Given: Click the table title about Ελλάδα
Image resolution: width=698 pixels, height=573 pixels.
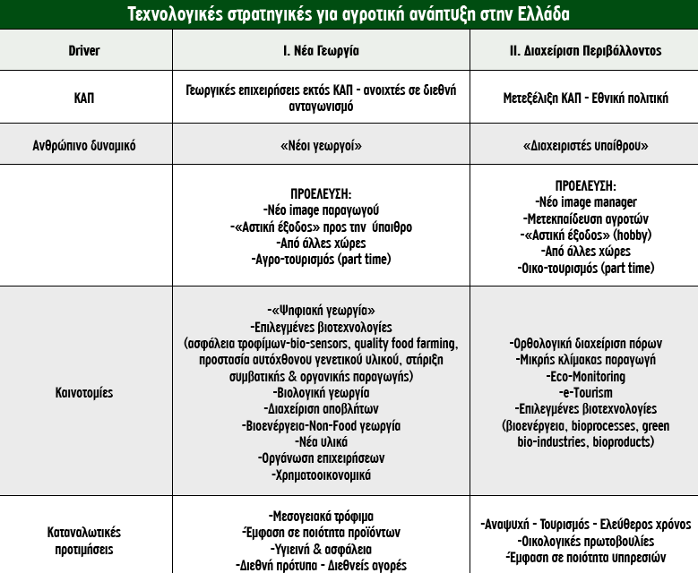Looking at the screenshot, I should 349,14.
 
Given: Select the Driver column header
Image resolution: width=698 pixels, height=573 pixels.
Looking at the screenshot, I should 84,51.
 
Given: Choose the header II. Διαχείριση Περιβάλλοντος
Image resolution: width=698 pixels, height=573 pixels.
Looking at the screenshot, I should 585,51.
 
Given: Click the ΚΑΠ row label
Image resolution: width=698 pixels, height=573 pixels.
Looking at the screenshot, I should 84,98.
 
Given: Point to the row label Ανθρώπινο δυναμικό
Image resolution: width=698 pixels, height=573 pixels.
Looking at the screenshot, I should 84,144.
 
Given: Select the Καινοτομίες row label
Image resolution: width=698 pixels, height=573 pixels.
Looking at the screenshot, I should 84,392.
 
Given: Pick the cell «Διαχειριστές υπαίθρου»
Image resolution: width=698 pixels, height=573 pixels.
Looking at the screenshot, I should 585,144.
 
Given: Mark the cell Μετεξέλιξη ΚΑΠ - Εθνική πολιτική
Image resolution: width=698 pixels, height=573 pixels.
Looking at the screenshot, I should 585,98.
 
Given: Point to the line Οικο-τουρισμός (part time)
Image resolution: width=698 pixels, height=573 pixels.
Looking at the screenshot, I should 585,268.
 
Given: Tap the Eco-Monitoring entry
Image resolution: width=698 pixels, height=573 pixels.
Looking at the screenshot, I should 585,376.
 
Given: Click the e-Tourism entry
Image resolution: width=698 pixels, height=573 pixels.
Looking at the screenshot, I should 585,392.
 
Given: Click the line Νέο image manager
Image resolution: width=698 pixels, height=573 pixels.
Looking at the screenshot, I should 585,202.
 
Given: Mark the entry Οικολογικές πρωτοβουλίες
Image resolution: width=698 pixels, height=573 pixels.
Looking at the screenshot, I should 585,541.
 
